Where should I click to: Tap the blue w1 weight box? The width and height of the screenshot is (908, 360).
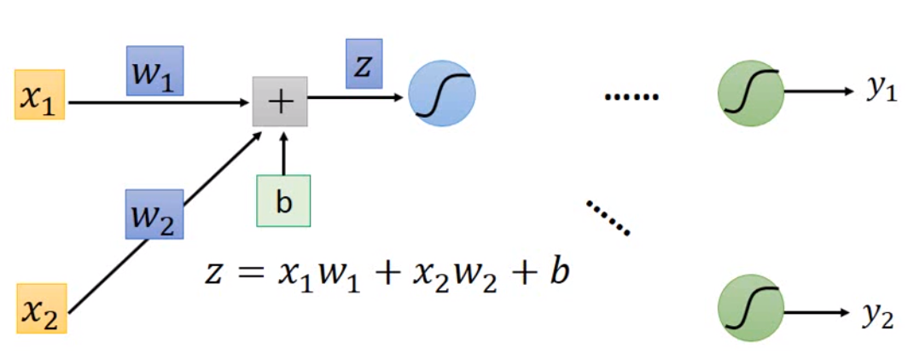(154, 70)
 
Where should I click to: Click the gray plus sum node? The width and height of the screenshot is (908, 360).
(280, 102)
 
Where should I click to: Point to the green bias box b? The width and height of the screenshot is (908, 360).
(283, 201)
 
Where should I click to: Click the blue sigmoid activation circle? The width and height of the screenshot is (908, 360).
(441, 93)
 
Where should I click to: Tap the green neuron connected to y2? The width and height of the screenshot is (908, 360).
(751, 307)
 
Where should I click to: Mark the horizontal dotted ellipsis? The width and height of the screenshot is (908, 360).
(632, 97)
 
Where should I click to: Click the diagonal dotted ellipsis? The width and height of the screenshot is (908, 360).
(608, 217)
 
